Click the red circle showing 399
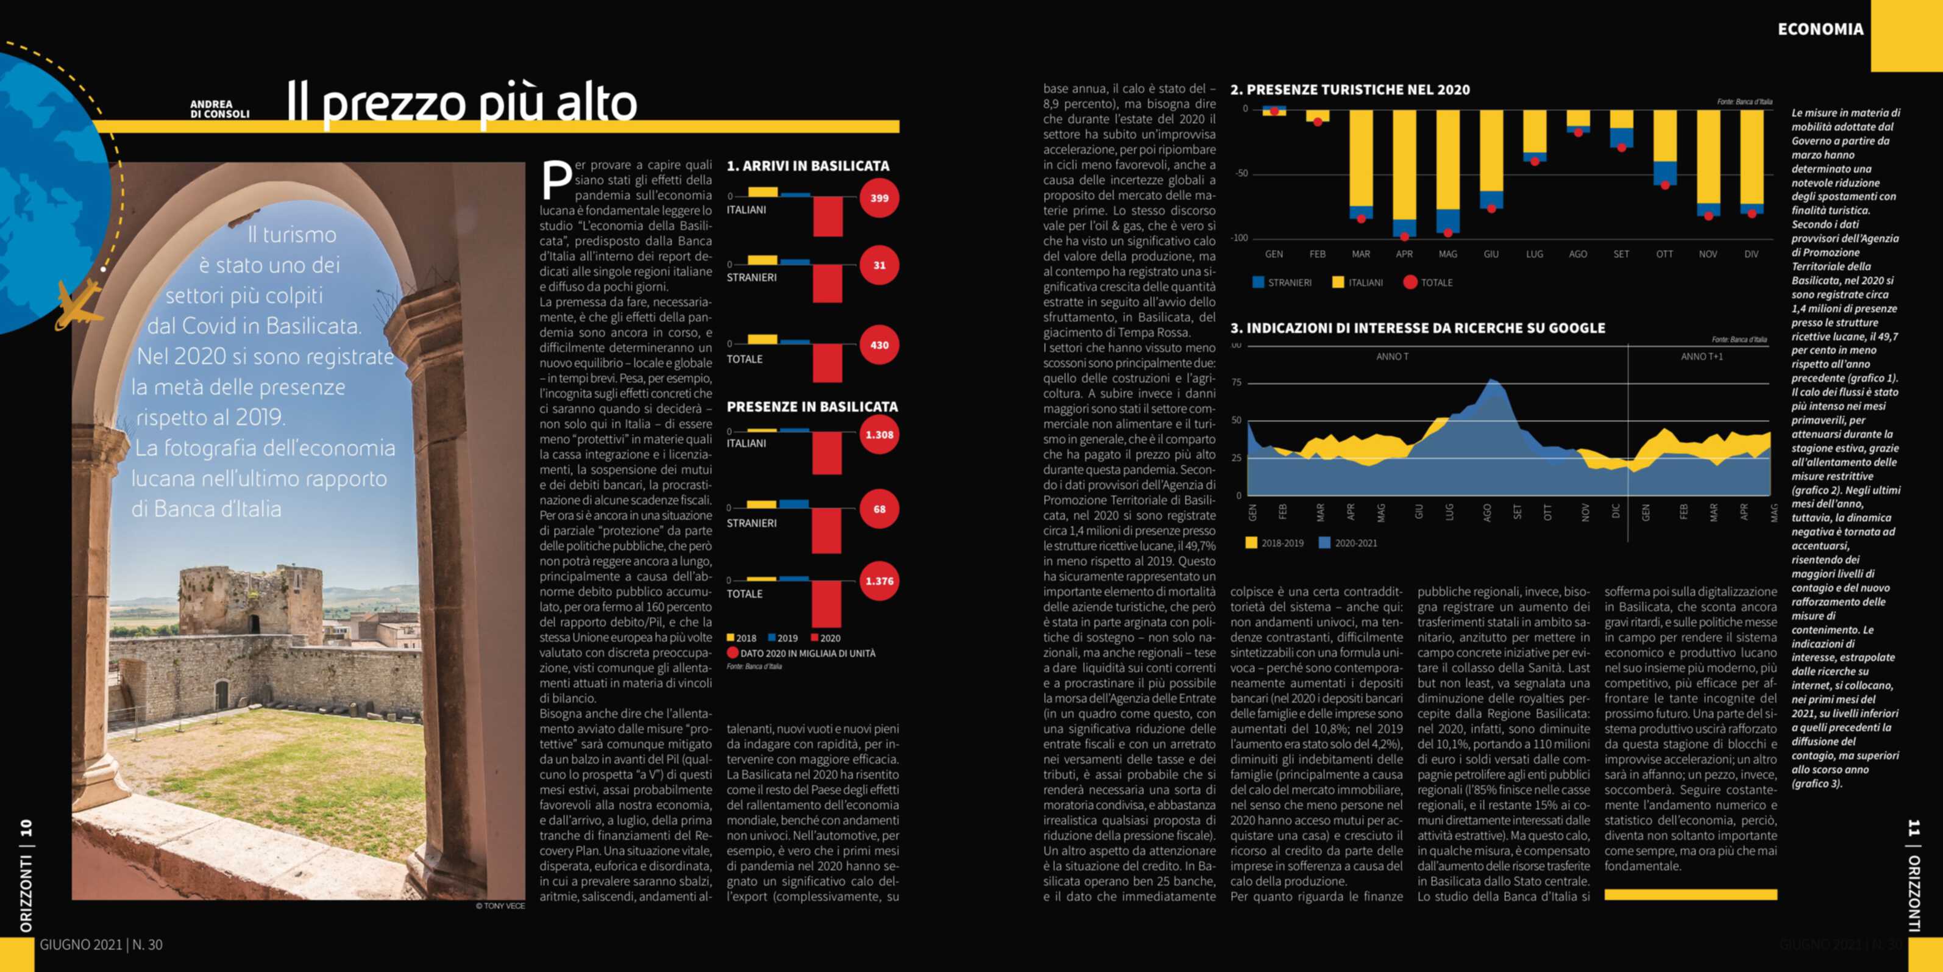tap(879, 198)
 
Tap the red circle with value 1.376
tap(879, 581)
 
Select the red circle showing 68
tap(879, 509)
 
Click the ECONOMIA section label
tap(1820, 29)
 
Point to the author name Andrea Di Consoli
tap(219, 109)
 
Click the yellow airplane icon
tap(77, 304)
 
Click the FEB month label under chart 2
tap(1317, 254)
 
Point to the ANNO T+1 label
tap(1702, 356)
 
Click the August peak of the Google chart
tap(1491, 382)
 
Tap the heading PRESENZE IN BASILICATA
tap(812, 406)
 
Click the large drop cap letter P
tap(556, 182)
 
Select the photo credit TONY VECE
tap(500, 906)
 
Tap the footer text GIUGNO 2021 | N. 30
tap(101, 944)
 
